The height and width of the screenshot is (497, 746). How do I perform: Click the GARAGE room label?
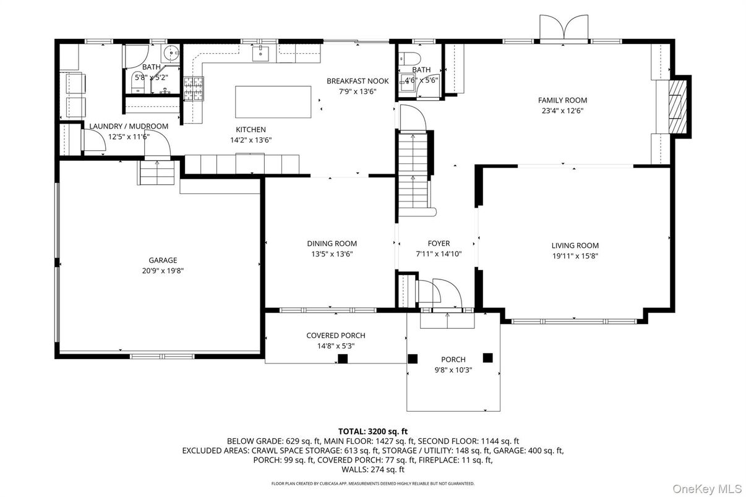coord(162,260)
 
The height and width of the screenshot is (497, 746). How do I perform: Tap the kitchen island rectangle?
coord(273,102)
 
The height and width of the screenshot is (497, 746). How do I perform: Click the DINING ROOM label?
coord(332,244)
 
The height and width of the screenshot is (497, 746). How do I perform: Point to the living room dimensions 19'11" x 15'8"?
coord(575,255)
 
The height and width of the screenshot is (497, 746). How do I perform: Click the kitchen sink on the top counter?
coord(261,54)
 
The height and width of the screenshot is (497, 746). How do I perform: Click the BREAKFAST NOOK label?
coord(358,81)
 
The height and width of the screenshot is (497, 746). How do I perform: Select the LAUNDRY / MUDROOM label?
coord(129,127)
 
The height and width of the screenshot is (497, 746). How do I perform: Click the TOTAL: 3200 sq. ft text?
coord(372,431)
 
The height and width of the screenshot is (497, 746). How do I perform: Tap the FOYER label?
coord(439,244)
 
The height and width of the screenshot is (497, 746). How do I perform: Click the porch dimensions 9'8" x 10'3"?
coord(453,370)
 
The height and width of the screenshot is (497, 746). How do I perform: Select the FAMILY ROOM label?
coord(562,100)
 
